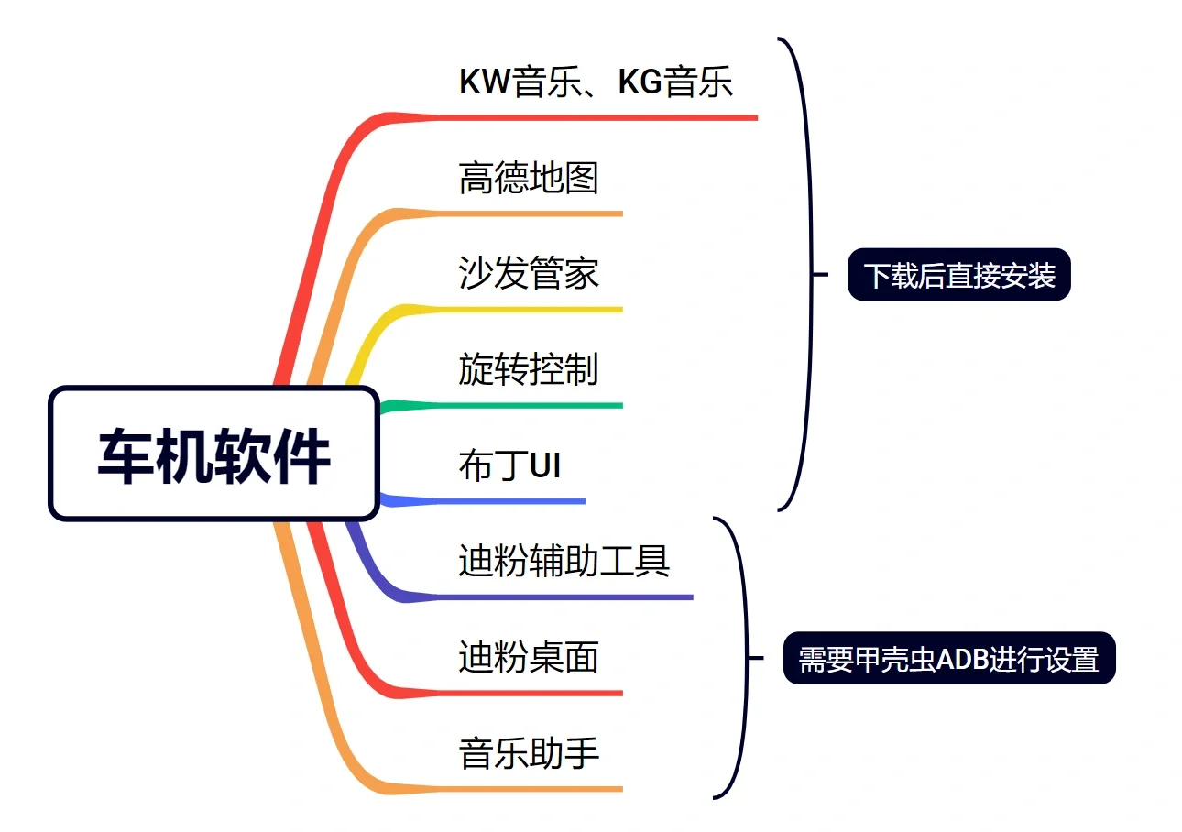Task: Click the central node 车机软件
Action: (213, 454)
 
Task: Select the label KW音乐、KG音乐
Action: (596, 82)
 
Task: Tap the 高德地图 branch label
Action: (529, 177)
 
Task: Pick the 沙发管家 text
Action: (529, 273)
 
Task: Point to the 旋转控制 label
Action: (529, 369)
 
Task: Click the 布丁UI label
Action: (509, 465)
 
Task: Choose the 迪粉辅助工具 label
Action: (564, 561)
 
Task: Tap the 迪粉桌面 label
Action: (529, 657)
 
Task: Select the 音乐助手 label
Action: (529, 753)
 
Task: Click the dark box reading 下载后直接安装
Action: (959, 275)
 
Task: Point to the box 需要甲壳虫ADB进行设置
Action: (948, 658)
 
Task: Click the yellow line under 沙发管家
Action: (531, 310)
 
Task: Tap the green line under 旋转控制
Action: (531, 405)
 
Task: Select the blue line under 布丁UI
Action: (513, 501)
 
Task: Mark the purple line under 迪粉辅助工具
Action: (568, 597)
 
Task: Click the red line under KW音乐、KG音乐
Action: (596, 117)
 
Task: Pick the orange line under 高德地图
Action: (531, 213)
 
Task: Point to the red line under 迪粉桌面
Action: (531, 693)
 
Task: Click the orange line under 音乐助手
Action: (531, 788)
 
